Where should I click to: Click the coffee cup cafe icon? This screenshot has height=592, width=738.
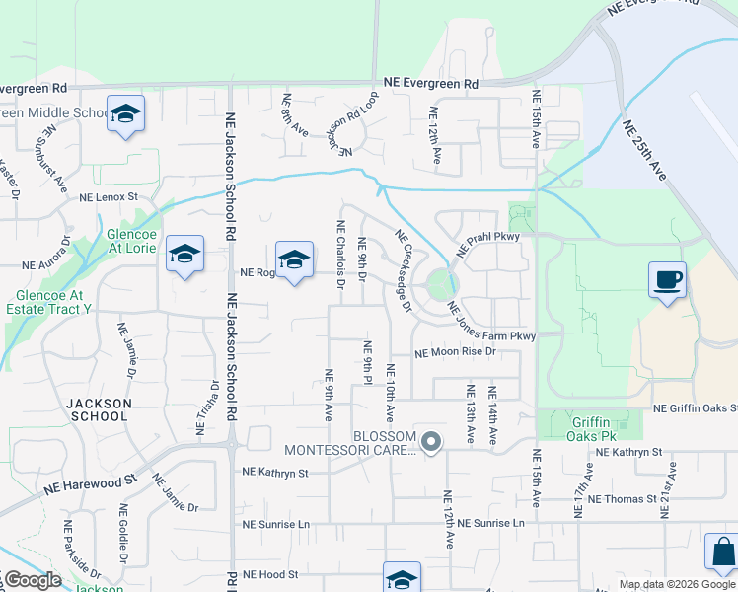tap(667, 279)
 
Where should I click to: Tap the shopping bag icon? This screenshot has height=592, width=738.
tap(721, 553)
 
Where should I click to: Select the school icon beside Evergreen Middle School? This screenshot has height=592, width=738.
tap(126, 114)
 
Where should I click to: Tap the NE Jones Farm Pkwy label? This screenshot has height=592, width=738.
tap(491, 322)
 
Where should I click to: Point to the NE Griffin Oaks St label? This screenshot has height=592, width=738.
tap(695, 408)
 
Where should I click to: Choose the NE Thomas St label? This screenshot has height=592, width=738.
tap(622, 499)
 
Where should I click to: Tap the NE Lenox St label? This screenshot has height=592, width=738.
tap(110, 197)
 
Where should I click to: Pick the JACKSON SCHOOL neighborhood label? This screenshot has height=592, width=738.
tap(99, 409)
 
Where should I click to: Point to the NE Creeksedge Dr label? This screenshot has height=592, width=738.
tap(404, 271)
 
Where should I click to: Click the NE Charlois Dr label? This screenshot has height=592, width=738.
tap(339, 255)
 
